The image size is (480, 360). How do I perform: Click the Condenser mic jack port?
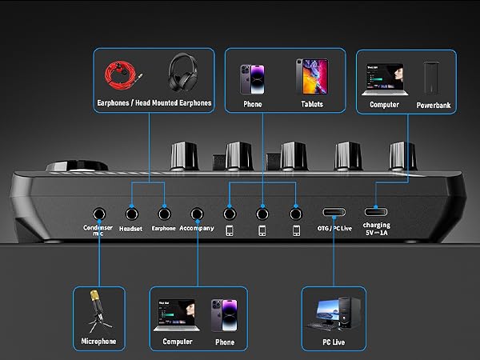point(99,214)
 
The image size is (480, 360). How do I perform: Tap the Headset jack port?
point(132,214)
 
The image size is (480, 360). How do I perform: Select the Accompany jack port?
point(197,214)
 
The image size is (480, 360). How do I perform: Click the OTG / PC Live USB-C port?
point(334,212)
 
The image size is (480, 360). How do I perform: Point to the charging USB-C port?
point(376,211)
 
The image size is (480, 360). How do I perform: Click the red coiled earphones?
point(122,75)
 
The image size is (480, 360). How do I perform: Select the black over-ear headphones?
point(183,72)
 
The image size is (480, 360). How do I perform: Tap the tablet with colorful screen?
point(312,77)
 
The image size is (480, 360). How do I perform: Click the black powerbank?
point(431,78)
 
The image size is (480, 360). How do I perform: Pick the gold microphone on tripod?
point(98,310)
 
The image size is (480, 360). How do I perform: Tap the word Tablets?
point(312,104)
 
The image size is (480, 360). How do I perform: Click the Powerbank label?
point(434,106)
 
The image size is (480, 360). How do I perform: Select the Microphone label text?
point(98,342)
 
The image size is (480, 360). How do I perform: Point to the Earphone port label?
point(163,228)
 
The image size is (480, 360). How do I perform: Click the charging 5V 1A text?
point(377,229)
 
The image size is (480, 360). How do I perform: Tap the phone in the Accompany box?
point(224,316)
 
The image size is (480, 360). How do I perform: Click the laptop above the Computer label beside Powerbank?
point(385,79)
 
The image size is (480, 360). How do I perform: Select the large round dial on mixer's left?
point(77,166)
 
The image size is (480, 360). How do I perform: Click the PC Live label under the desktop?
point(334,342)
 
